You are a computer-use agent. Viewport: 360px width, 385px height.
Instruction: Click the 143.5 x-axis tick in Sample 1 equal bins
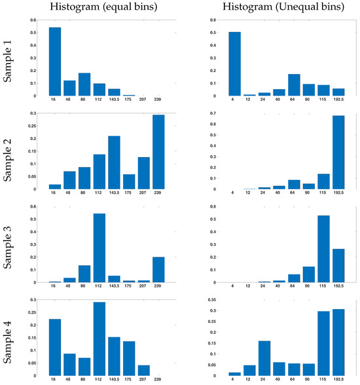tap(115, 101)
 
